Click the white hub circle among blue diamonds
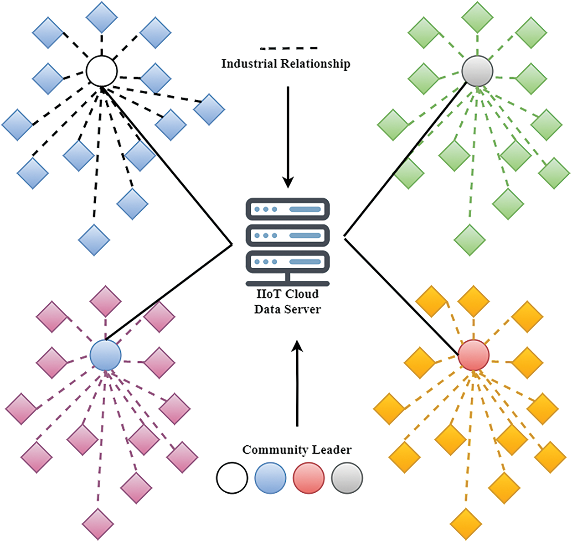coord(102,71)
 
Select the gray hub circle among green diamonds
coord(477,71)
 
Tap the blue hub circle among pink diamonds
coord(105,355)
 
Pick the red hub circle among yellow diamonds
coord(474,355)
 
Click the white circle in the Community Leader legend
coord(232,478)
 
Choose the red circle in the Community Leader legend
coord(309,478)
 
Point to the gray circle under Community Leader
coord(347,478)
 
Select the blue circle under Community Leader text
coord(270,478)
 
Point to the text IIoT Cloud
coord(287,294)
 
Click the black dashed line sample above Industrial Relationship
coord(289,48)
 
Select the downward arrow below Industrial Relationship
coord(288,137)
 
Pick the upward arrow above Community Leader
coord(297,383)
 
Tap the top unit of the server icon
coord(288,209)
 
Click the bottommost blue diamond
coord(94,240)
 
